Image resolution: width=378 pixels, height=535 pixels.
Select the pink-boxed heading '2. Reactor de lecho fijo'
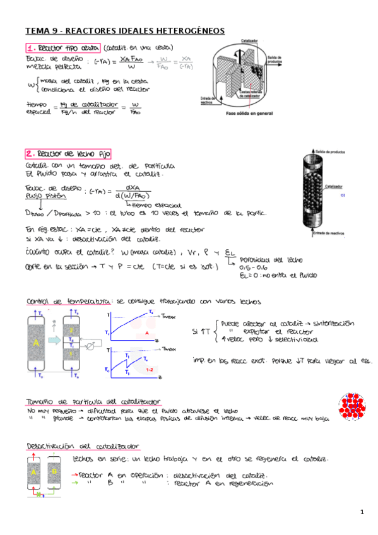click(69, 153)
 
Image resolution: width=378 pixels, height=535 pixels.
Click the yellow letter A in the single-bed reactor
click(36, 342)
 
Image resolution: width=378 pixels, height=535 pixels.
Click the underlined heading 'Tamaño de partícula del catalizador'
click(93, 402)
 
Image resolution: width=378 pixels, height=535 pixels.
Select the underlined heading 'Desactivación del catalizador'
click(82, 446)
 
